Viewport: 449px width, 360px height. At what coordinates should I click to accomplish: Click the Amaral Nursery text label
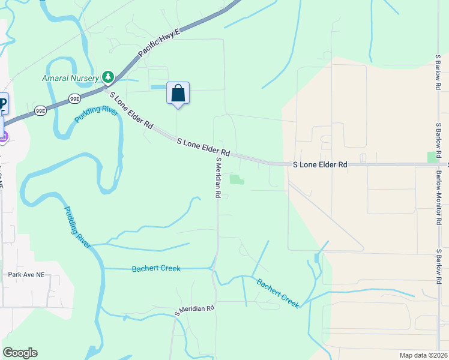point(70,78)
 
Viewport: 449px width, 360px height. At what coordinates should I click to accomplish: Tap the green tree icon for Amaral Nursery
point(108,77)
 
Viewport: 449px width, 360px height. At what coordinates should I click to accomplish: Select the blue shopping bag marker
point(178,94)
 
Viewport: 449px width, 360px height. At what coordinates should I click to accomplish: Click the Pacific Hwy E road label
point(158,45)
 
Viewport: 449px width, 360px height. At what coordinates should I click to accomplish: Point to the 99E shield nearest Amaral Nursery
point(75,98)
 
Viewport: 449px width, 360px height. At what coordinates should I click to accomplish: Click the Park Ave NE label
point(26,275)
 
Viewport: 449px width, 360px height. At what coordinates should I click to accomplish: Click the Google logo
point(20,353)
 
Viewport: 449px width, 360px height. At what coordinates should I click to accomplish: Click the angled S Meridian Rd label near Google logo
point(194,310)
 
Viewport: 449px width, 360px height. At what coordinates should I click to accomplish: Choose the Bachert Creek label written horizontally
point(156,268)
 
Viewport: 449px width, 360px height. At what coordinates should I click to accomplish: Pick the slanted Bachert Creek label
point(277,293)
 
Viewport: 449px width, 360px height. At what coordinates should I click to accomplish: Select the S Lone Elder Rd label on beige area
point(320,164)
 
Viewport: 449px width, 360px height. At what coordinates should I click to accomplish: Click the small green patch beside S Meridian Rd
point(238,179)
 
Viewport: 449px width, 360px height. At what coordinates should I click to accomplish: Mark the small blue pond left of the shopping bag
point(158,88)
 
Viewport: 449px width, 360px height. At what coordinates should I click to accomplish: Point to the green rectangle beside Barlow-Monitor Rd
point(432,157)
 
